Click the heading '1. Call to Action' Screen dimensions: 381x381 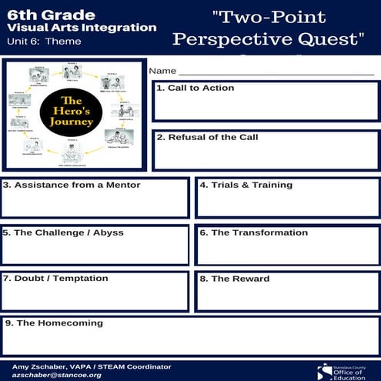tap(195, 89)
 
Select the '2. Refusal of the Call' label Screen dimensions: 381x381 tap(207, 138)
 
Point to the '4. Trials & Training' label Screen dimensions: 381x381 tap(246, 185)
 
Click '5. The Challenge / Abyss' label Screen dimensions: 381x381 tap(63, 232)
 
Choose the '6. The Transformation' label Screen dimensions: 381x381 tap(253, 232)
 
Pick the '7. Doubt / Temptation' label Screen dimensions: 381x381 tap(55, 279)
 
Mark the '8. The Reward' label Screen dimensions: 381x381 tap(235, 279)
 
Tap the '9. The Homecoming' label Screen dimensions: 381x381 tap(53, 323)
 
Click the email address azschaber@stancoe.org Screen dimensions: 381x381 tap(57, 375)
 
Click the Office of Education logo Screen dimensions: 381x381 tap(345, 370)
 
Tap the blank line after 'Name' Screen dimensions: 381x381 tap(277, 73)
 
